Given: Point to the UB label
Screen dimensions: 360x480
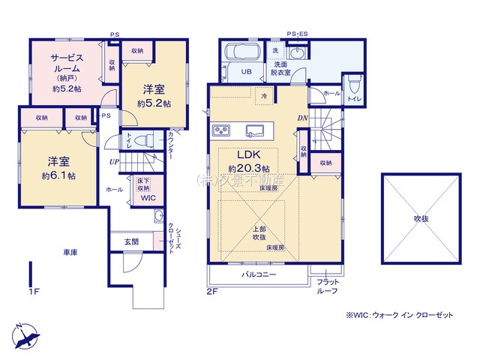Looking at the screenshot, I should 245,73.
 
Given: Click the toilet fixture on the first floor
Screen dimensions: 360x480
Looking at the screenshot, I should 145,139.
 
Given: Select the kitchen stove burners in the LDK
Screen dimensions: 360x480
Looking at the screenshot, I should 224,131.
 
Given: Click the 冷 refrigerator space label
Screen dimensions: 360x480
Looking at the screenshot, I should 264,97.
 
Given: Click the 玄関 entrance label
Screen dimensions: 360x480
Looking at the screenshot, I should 131,241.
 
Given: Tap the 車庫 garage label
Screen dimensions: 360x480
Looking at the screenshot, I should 70,253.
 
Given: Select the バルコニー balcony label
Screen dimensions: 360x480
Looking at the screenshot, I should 259,275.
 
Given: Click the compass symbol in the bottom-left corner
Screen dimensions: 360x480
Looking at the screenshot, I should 24,334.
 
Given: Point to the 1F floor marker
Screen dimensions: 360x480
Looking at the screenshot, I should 34,290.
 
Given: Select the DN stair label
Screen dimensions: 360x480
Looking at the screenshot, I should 303,118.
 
